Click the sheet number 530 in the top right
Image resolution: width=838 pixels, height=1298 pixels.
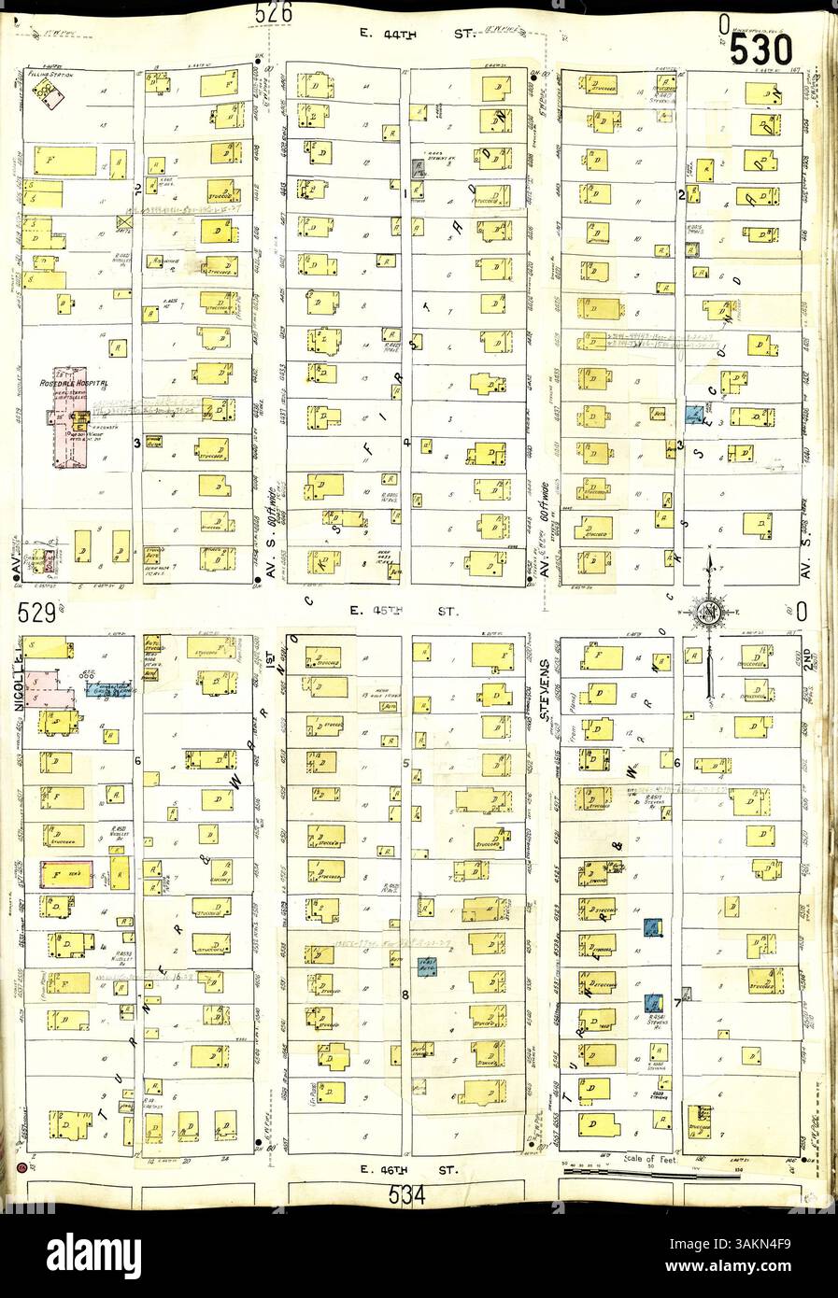[762, 49]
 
